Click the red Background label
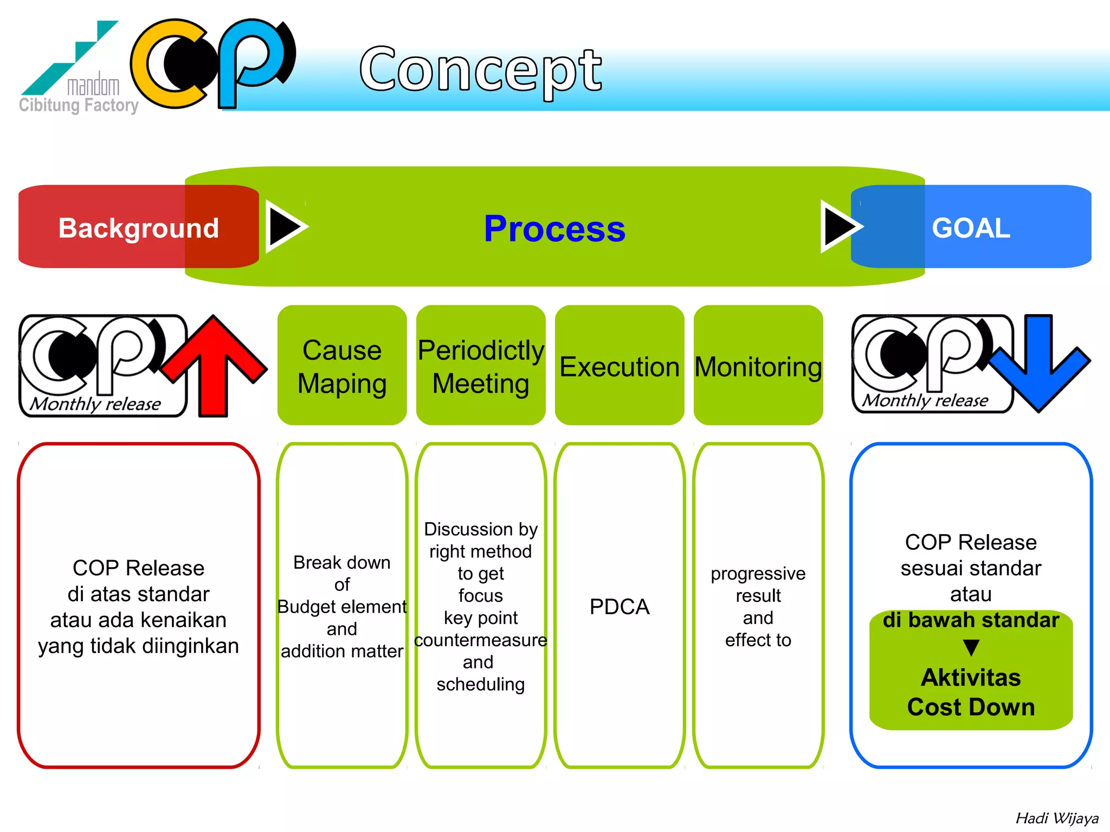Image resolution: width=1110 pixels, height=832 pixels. [138, 228]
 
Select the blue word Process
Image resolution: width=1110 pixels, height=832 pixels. [554, 229]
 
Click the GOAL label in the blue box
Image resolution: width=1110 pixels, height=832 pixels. [971, 228]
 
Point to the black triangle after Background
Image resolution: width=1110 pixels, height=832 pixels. [285, 226]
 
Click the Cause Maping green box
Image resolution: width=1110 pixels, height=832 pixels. [342, 366]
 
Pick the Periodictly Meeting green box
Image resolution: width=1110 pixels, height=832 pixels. [481, 366]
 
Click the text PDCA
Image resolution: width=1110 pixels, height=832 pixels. [619, 607]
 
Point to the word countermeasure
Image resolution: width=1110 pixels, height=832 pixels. [481, 640]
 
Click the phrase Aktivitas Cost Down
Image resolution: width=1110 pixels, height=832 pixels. [971, 692]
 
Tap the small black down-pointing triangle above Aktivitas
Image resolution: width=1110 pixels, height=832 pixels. [971, 647]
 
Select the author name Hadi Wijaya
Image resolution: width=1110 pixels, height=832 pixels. [1056, 818]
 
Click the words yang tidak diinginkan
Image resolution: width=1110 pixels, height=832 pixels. [138, 646]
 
